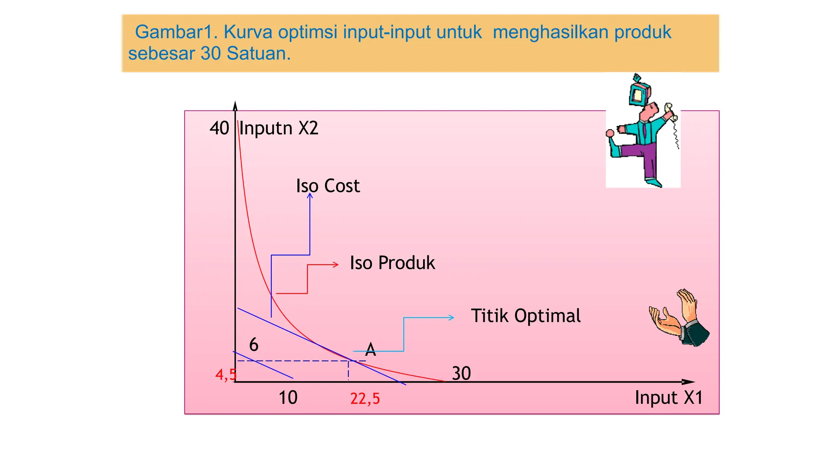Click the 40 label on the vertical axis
click(219, 128)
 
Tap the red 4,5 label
click(226, 375)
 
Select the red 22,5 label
click(365, 399)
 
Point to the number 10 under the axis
click(288, 397)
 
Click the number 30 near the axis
click(461, 373)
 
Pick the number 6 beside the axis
click(254, 344)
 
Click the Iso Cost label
click(328, 186)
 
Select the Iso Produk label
click(392, 263)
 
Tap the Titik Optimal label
click(525, 316)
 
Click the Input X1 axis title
click(669, 397)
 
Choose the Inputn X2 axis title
click(279, 128)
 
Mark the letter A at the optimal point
click(370, 350)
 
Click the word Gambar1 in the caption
click(176, 32)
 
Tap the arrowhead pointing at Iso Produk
click(336, 265)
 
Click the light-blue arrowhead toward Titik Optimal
click(452, 318)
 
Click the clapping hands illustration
click(679, 319)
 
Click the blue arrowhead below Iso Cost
click(310, 195)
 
